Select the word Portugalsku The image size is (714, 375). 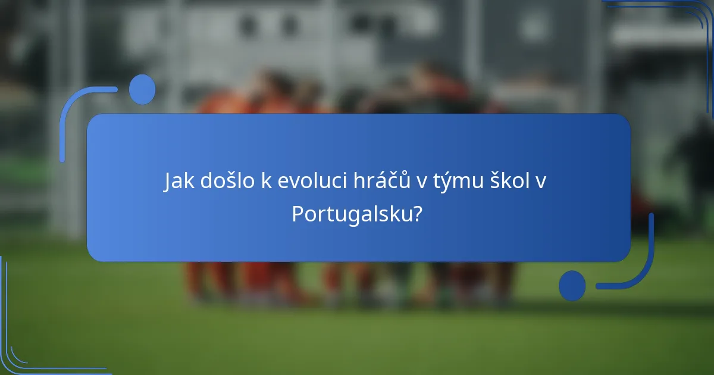pos(351,214)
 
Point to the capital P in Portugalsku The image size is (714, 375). pos(297,214)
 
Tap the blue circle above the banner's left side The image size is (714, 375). pos(142,89)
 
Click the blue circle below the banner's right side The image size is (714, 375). pos(572,285)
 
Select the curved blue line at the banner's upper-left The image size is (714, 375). pos(71,107)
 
